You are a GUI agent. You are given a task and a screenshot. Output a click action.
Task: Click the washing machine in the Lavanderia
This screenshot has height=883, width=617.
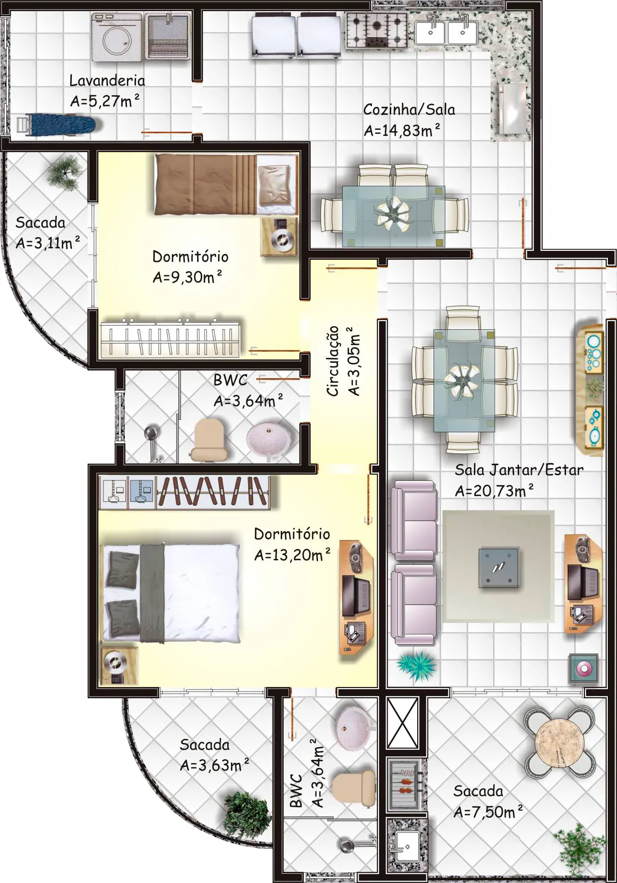(x=117, y=37)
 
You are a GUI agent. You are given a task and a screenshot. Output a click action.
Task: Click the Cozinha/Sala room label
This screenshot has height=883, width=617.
(x=409, y=109)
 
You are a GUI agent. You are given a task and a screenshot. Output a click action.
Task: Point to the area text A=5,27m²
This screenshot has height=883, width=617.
(x=105, y=101)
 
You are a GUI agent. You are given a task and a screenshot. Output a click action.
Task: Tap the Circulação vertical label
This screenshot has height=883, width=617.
(x=333, y=361)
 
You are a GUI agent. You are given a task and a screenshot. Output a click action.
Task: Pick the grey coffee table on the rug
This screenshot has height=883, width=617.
(x=498, y=567)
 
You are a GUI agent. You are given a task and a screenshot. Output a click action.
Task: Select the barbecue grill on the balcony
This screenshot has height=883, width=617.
(x=406, y=784)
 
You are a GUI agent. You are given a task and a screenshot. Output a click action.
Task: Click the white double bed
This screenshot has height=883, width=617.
(x=172, y=593)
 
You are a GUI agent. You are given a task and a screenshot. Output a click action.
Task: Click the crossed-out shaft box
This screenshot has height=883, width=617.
(x=403, y=723)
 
